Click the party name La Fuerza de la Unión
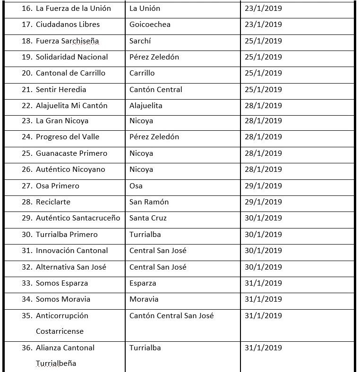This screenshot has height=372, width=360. (x=73, y=8)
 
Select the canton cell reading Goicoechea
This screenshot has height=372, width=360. (x=150, y=25)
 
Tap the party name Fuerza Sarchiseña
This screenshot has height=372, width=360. (x=67, y=41)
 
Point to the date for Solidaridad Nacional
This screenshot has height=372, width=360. (x=263, y=57)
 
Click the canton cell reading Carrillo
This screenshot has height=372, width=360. (x=142, y=73)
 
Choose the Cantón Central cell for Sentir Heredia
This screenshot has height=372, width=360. (x=155, y=90)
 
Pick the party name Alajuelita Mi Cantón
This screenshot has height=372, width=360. (x=71, y=106)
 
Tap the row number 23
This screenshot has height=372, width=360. (x=26, y=121)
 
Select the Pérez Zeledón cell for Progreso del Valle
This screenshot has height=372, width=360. (x=154, y=137)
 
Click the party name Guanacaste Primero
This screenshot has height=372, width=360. (x=71, y=153)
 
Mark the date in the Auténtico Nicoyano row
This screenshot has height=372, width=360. (x=263, y=169)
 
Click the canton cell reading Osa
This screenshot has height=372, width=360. (x=136, y=186)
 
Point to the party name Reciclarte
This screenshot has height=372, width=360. (x=53, y=202)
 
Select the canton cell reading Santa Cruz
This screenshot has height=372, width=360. (x=148, y=218)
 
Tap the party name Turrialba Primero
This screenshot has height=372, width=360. (x=67, y=235)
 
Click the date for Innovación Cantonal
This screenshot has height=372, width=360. (x=263, y=251)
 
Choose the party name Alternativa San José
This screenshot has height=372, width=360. (x=71, y=267)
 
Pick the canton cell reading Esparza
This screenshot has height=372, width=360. (x=143, y=283)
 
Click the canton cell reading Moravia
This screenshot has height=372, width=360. (x=144, y=299)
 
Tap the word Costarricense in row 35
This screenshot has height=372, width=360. (x=60, y=331)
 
